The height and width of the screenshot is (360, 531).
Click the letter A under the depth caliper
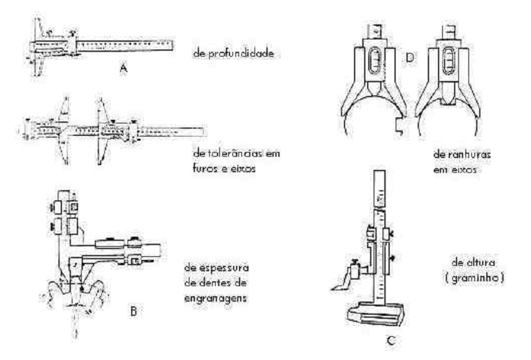pos(123,69)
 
